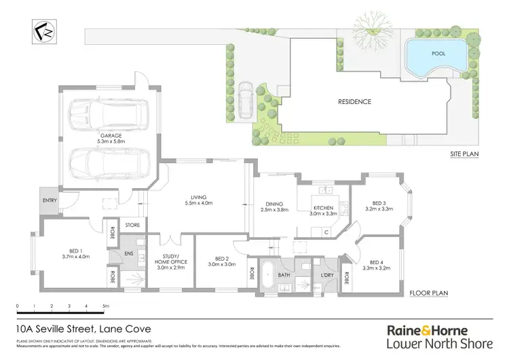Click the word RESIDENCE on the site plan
click(355, 102)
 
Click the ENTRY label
click(49, 201)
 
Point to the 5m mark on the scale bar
click(106, 307)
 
